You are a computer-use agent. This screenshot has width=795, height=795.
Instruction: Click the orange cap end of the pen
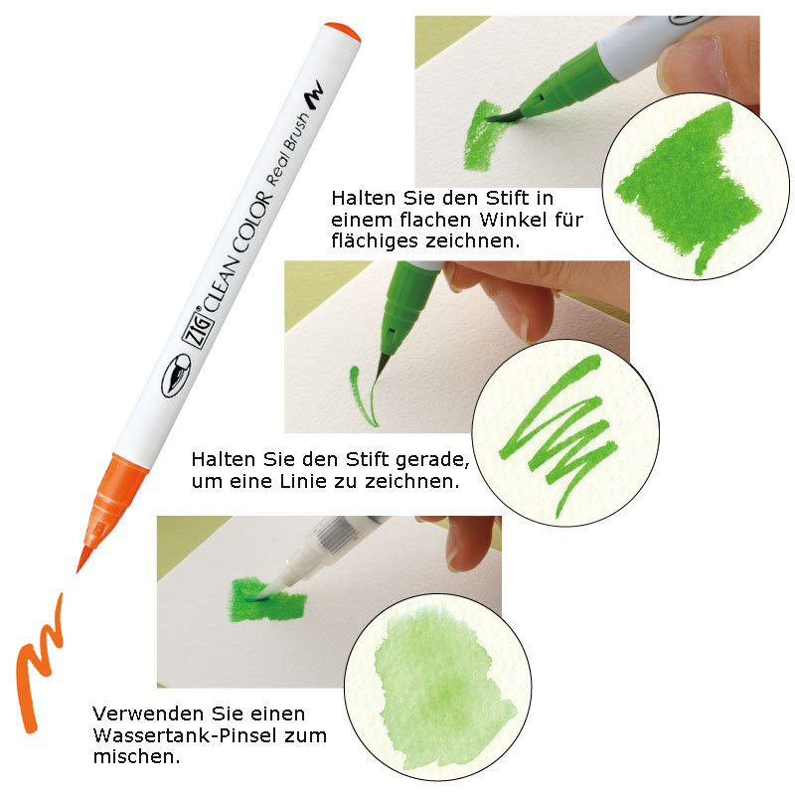pyautogui.click(x=344, y=32)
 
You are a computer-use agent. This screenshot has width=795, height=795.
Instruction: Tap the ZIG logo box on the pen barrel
pyautogui.click(x=197, y=329)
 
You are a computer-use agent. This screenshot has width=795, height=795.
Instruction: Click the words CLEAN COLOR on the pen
pyautogui.click(x=238, y=252)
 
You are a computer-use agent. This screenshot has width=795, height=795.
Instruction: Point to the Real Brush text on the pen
pyautogui.click(x=287, y=149)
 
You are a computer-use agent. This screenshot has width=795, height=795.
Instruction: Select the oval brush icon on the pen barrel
pyautogui.click(x=176, y=376)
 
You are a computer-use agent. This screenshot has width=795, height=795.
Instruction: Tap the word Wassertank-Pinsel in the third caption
pyautogui.click(x=185, y=735)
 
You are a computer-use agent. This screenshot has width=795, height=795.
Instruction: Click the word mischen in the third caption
pyautogui.click(x=137, y=756)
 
